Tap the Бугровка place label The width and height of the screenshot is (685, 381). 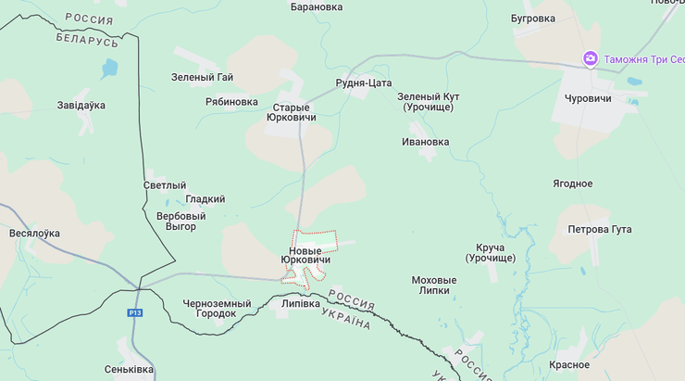pos(532,18)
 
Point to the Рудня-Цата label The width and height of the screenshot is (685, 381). pos(363,83)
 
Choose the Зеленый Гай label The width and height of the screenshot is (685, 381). pos(202,77)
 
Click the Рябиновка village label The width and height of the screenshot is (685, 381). pos(231,102)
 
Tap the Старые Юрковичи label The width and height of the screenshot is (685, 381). pos(291,112)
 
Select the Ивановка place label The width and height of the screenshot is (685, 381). pos(425,142)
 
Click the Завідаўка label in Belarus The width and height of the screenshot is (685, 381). pos(81,105)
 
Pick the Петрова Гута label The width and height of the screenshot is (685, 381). pos(600,229)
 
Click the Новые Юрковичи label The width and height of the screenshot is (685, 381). pos(305,256)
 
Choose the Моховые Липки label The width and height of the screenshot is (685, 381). pos(434,285)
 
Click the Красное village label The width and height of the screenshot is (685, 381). pos(569,365)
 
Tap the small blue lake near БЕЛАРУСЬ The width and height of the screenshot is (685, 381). pos(111,68)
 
